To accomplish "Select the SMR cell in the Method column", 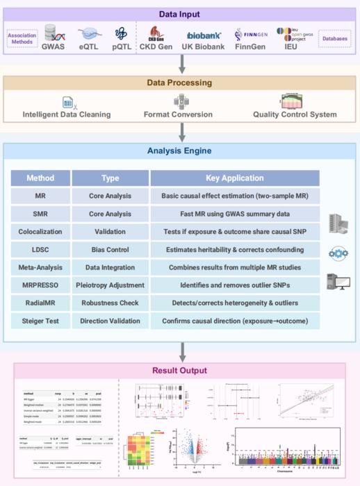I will click(x=40, y=214).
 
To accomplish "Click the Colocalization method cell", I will click(x=40, y=232).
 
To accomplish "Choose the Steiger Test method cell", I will click(x=40, y=321).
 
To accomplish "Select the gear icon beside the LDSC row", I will click(x=337, y=251).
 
